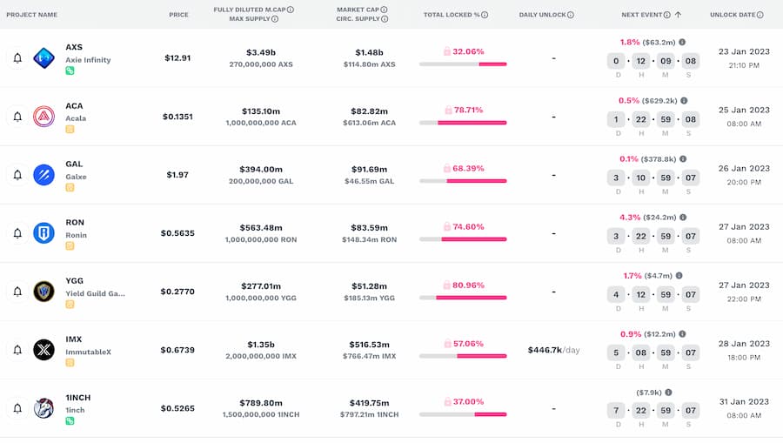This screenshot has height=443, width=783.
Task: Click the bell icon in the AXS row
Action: pos(17,58)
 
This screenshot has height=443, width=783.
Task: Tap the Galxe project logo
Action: pos(43,175)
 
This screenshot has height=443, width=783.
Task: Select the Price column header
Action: pos(178,15)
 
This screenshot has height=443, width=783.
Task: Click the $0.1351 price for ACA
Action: pos(178,117)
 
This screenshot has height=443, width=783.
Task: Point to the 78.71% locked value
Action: pos(468,110)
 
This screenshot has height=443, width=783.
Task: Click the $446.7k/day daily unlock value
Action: pos(553,350)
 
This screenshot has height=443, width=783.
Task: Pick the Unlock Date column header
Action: pos(736,15)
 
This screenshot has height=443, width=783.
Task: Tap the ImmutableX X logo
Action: pos(43,350)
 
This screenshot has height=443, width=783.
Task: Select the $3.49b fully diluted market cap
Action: pos(261,52)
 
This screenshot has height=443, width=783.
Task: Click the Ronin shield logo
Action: pos(43,233)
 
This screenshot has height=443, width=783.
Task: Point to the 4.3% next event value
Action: pos(629,217)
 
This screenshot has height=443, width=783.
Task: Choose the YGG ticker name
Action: pos(75,280)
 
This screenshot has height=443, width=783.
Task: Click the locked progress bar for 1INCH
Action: pos(463,414)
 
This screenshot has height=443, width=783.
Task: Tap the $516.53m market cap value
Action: pos(369,344)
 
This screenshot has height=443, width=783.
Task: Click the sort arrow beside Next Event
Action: pos(678,15)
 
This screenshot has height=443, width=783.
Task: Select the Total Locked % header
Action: pos(452,15)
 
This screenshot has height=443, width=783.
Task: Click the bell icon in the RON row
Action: pos(17,233)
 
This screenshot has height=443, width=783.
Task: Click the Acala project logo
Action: pos(43,117)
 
